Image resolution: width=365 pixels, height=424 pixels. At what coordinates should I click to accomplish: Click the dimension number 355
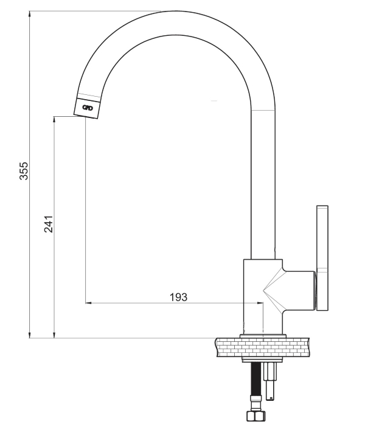[x=24, y=170]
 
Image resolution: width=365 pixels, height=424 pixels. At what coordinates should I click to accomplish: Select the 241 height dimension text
[x=49, y=224]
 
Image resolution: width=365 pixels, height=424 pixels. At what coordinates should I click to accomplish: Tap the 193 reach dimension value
[x=178, y=297]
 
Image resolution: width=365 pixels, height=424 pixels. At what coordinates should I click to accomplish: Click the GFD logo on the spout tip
[x=88, y=108]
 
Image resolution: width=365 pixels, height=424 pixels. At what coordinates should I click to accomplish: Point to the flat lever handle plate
[x=322, y=259]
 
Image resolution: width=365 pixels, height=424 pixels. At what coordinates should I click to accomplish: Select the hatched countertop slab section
[x=263, y=347]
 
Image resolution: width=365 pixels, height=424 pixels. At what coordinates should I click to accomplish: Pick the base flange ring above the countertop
[x=263, y=336]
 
